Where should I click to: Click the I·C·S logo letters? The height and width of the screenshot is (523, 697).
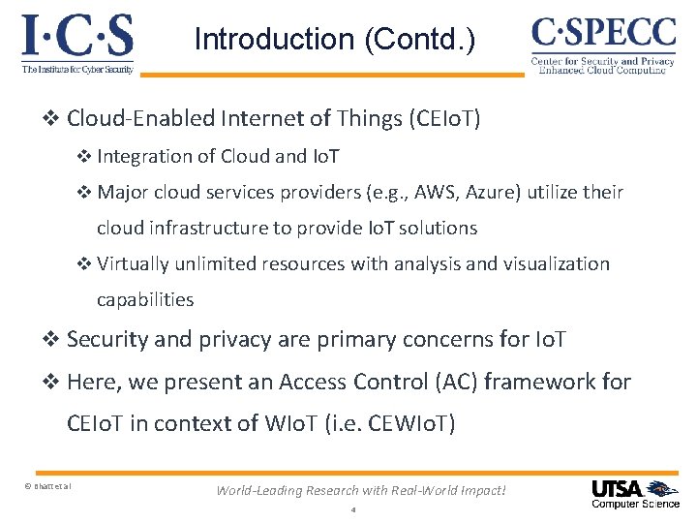pos(77,36)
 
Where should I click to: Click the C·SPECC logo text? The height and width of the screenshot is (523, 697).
pos(603,33)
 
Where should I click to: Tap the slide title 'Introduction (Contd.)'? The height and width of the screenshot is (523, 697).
pos(335,40)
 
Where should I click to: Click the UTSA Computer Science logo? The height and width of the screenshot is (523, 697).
pos(635,494)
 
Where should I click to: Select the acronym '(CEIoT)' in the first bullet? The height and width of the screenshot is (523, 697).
pos(445,119)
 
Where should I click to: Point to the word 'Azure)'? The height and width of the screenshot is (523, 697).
pos(495,192)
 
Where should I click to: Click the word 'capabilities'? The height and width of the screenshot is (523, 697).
pos(145,299)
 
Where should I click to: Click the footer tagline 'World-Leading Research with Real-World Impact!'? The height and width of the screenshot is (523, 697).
pos(360,490)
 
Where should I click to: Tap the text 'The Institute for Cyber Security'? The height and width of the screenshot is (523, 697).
pos(77,68)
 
